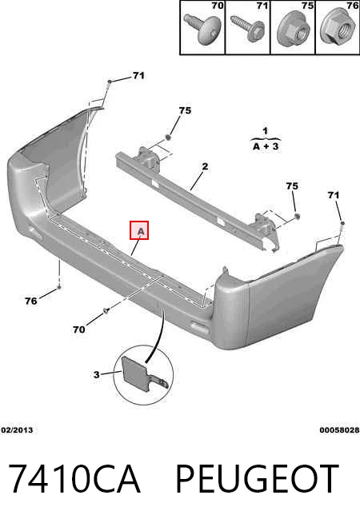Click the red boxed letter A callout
tap(139, 230)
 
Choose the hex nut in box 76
tap(337, 28)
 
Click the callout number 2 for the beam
tap(205, 166)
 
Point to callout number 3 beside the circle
tap(97, 374)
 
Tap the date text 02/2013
tap(17, 430)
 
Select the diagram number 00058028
tap(339, 430)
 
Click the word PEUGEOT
tap(257, 479)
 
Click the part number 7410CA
tap(74, 479)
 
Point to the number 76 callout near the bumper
tap(31, 301)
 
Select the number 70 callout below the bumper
tap(79, 329)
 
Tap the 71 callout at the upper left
tap(138, 76)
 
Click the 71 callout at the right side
tap(334, 195)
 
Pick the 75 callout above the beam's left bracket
tap(185, 110)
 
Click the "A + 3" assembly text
tap(266, 146)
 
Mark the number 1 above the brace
tap(266, 131)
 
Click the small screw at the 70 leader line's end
tap(106, 311)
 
